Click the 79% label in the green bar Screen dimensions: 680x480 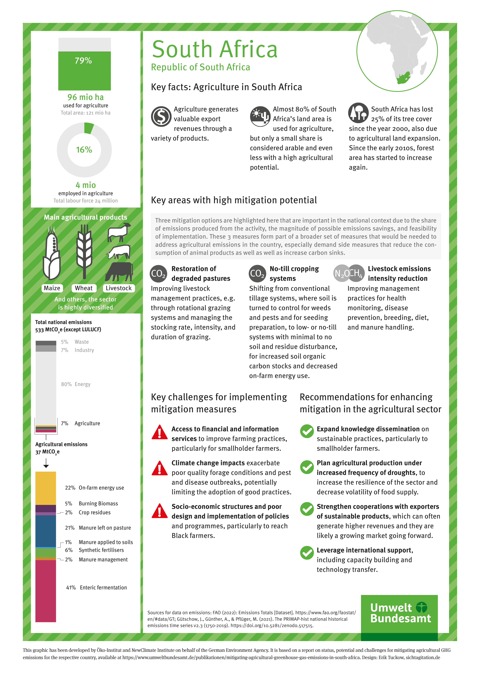83,61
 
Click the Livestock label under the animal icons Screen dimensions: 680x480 119,288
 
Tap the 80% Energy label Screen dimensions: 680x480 76,384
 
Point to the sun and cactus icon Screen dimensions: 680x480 260,116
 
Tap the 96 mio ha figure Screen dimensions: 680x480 85,97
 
